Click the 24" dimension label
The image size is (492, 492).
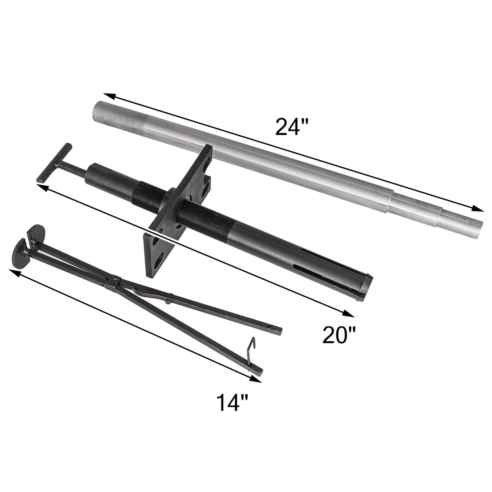287,126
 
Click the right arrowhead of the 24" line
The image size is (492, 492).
478,209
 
